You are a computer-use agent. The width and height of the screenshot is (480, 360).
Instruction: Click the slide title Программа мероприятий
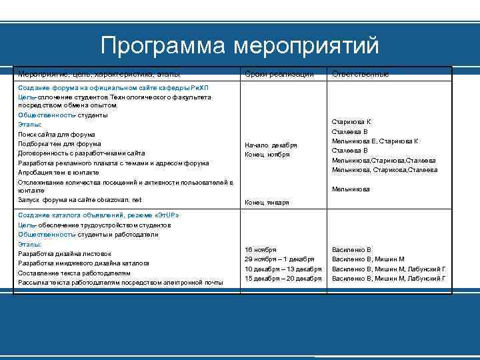tap(240, 45)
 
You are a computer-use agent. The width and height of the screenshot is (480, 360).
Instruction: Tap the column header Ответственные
tap(360, 74)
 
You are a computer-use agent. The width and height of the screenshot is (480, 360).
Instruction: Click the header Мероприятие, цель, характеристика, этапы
tap(99, 74)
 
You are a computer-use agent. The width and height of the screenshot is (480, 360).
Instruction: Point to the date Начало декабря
tap(271, 145)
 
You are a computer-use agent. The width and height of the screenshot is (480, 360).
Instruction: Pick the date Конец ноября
tap(267, 155)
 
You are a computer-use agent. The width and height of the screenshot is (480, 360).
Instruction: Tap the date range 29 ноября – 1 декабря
tap(279, 259)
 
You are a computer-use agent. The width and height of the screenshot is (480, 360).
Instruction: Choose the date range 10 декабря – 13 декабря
tap(283, 269)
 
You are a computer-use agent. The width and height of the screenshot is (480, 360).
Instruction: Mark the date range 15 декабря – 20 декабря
tap(283, 278)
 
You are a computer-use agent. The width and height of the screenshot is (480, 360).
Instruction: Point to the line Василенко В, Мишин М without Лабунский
tap(368, 259)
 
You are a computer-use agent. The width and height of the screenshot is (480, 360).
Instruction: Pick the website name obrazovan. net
tap(118, 200)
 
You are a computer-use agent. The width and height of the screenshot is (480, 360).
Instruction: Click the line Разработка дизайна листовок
tap(65, 254)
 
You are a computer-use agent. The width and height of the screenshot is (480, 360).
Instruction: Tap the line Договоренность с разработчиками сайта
tap(81, 153)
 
